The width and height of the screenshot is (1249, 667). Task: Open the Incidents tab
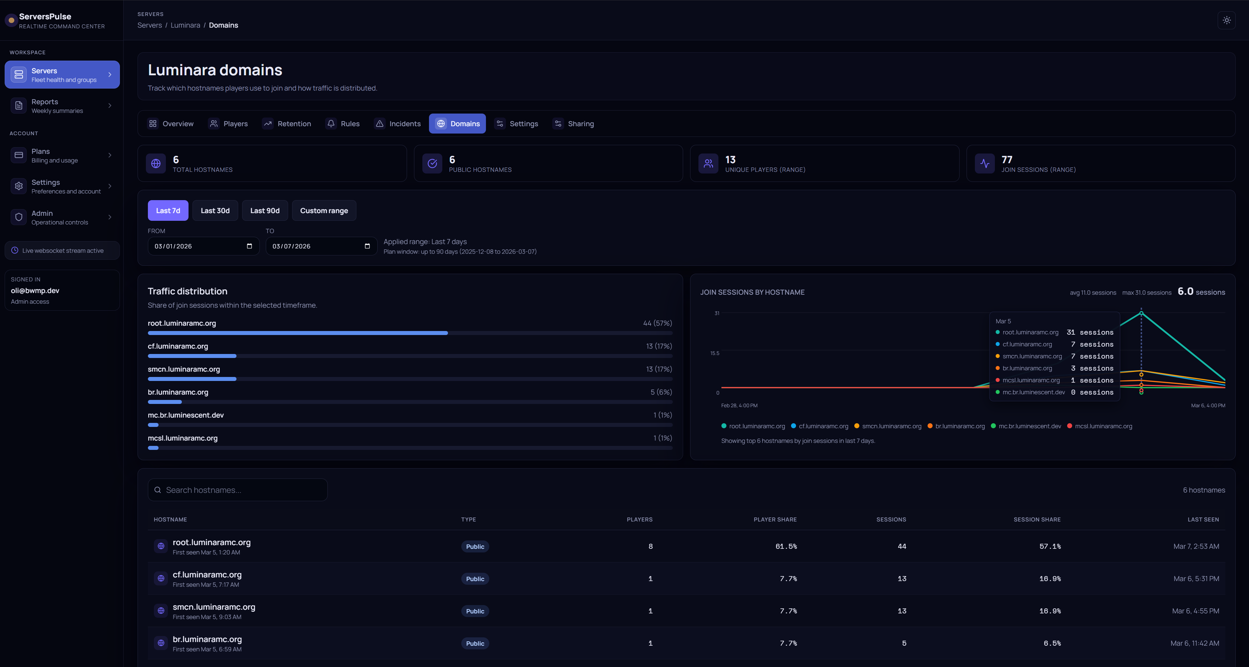tap(398, 124)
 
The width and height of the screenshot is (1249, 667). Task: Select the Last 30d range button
tap(215, 210)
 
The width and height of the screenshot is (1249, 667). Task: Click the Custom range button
tap(324, 210)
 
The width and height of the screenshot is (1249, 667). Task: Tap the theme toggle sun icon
tap(1226, 20)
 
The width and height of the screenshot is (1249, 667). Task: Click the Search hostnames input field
tap(237, 490)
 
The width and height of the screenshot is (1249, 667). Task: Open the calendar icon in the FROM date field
tap(249, 246)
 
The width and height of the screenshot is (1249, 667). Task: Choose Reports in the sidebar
tap(62, 106)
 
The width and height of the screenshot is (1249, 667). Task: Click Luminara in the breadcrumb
tap(185, 25)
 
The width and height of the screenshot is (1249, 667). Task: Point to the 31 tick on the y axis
tap(717, 313)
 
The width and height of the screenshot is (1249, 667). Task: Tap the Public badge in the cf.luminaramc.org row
tap(475, 579)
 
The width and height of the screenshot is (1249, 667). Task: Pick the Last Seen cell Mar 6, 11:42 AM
tap(1195, 643)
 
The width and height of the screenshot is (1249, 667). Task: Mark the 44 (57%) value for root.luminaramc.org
tap(657, 323)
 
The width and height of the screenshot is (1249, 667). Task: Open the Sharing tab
tap(574, 124)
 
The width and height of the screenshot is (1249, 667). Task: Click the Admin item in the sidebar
tap(62, 217)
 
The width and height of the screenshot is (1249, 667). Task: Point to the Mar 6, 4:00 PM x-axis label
tap(1208, 406)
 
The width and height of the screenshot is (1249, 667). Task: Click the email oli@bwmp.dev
tap(35, 290)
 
